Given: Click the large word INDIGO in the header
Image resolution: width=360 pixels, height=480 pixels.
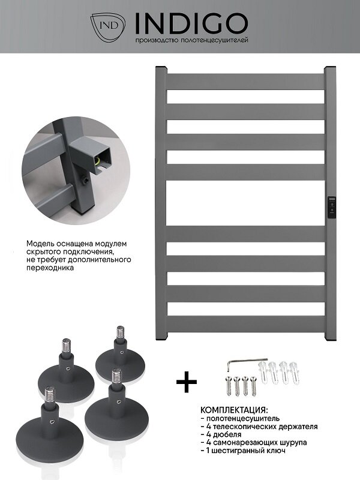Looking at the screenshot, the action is point(191,23).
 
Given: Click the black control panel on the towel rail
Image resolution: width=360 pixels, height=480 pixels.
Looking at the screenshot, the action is point(332,207).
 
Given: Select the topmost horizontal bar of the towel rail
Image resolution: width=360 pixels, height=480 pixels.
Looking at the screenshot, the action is point(245,82).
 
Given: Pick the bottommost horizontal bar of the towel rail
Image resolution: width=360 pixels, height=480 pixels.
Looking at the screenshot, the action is point(245,325).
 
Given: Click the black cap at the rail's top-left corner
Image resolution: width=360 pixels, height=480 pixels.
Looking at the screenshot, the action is point(161,67).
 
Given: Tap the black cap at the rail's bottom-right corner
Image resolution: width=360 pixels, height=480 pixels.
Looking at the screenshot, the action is point(331,338).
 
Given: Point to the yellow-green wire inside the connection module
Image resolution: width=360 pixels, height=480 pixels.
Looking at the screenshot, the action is point(98,160).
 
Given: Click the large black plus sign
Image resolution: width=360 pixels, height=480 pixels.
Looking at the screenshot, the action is point(187,382).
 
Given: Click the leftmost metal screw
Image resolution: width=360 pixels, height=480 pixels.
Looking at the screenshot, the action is point(228,386).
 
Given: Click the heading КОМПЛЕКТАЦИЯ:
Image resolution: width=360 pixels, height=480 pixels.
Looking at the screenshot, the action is point(234,410).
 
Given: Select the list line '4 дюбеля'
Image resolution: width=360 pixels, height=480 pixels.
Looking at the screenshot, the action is point(221,434).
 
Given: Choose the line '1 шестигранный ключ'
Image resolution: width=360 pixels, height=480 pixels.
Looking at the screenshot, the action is point(244,451).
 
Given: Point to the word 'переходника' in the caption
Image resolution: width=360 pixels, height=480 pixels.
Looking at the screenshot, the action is point(50,268).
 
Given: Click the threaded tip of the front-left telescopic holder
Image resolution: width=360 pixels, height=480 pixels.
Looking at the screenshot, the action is point(50,392).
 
